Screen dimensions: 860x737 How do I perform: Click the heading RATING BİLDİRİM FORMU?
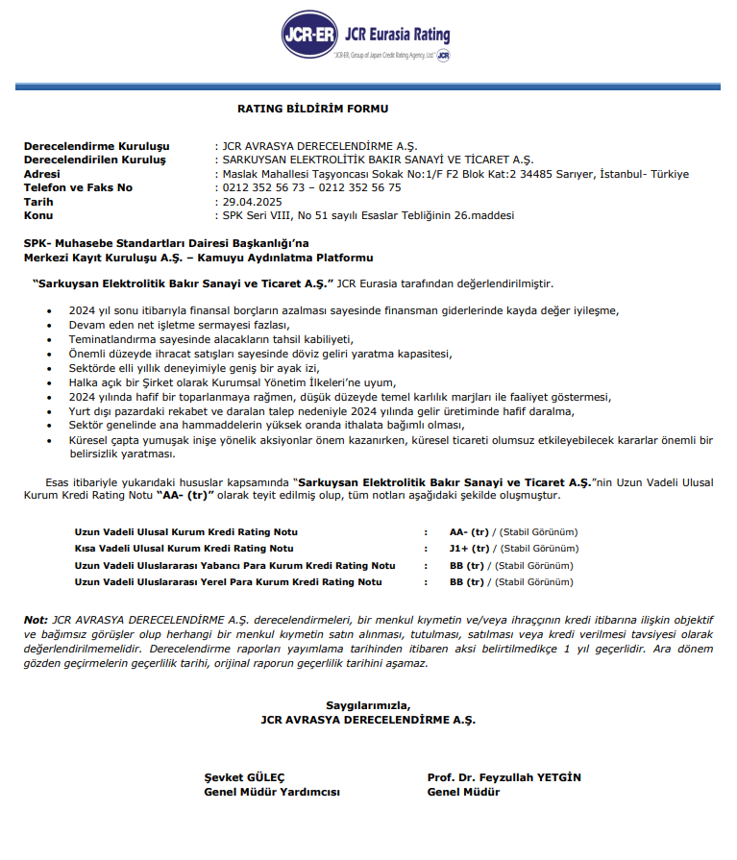coord(313,109)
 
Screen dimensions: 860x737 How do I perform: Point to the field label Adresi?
coord(41,174)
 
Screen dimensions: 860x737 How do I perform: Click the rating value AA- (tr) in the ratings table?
coord(469,532)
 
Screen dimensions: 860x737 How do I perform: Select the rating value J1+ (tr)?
coord(469,549)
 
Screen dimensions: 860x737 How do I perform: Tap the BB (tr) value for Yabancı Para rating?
coord(469,565)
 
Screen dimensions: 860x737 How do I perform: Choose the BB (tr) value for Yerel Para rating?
coord(469,581)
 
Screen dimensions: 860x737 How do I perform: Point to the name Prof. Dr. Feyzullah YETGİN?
coord(504,777)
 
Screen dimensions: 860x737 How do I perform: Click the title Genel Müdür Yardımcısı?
coord(272,793)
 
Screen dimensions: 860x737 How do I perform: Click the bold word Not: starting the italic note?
coord(36,620)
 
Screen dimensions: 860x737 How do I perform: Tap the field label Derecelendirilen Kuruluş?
coord(95,160)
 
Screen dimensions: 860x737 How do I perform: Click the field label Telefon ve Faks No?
coord(78,187)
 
